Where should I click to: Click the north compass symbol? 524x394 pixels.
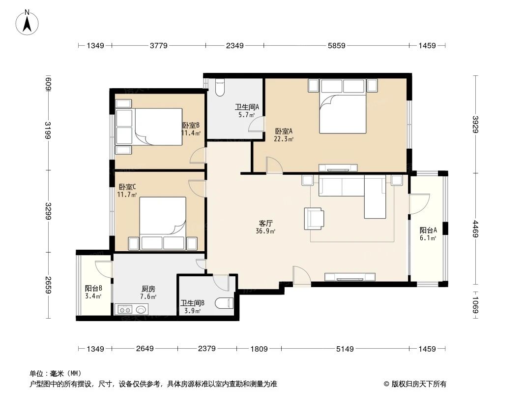click(28, 22)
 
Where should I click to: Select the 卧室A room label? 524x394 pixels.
click(284, 131)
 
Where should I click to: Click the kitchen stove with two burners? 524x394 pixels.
click(124, 310)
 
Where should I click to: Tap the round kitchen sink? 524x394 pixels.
click(142, 310)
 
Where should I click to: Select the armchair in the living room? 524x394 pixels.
click(314, 218)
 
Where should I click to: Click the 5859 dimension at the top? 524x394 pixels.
click(337, 46)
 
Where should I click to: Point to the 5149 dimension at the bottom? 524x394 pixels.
click(345, 349)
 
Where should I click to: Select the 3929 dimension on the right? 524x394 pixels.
click(475, 125)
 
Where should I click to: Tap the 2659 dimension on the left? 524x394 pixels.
click(48, 285)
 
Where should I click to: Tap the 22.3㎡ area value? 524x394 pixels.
click(284, 139)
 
